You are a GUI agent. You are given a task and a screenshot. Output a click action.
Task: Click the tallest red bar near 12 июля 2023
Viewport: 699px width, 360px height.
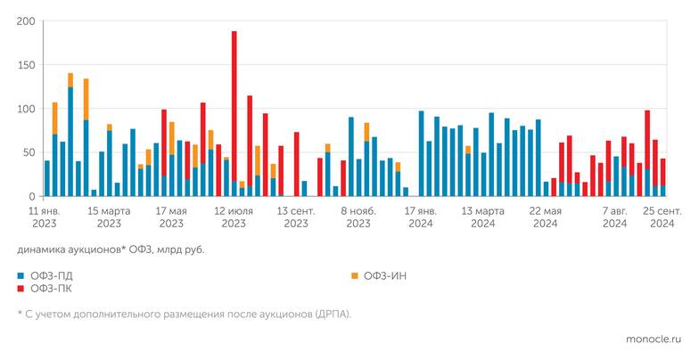pyautogui.click(x=234, y=107)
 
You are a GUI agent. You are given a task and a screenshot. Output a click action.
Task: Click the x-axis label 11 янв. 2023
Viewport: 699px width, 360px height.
pyautogui.click(x=46, y=218)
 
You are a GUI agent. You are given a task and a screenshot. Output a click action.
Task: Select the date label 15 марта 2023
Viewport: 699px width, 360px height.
pyautogui.click(x=109, y=218)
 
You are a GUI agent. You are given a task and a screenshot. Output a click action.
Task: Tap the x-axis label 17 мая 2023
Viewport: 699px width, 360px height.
pyautogui.click(x=171, y=218)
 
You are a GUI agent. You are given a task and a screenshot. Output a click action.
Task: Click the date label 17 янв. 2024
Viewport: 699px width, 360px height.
pyautogui.click(x=421, y=218)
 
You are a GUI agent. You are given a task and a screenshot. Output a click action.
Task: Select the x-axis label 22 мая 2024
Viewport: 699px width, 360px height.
pyautogui.click(x=546, y=218)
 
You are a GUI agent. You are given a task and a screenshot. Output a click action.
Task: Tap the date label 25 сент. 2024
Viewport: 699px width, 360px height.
pyautogui.click(x=662, y=218)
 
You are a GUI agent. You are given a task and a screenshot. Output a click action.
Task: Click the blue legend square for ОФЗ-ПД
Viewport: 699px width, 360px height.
pyautogui.click(x=21, y=276)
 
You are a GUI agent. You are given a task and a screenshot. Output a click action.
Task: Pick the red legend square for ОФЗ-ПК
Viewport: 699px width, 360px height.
pyautogui.click(x=21, y=289)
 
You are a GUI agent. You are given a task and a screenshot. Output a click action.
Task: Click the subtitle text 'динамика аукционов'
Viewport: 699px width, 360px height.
pyautogui.click(x=67, y=250)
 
